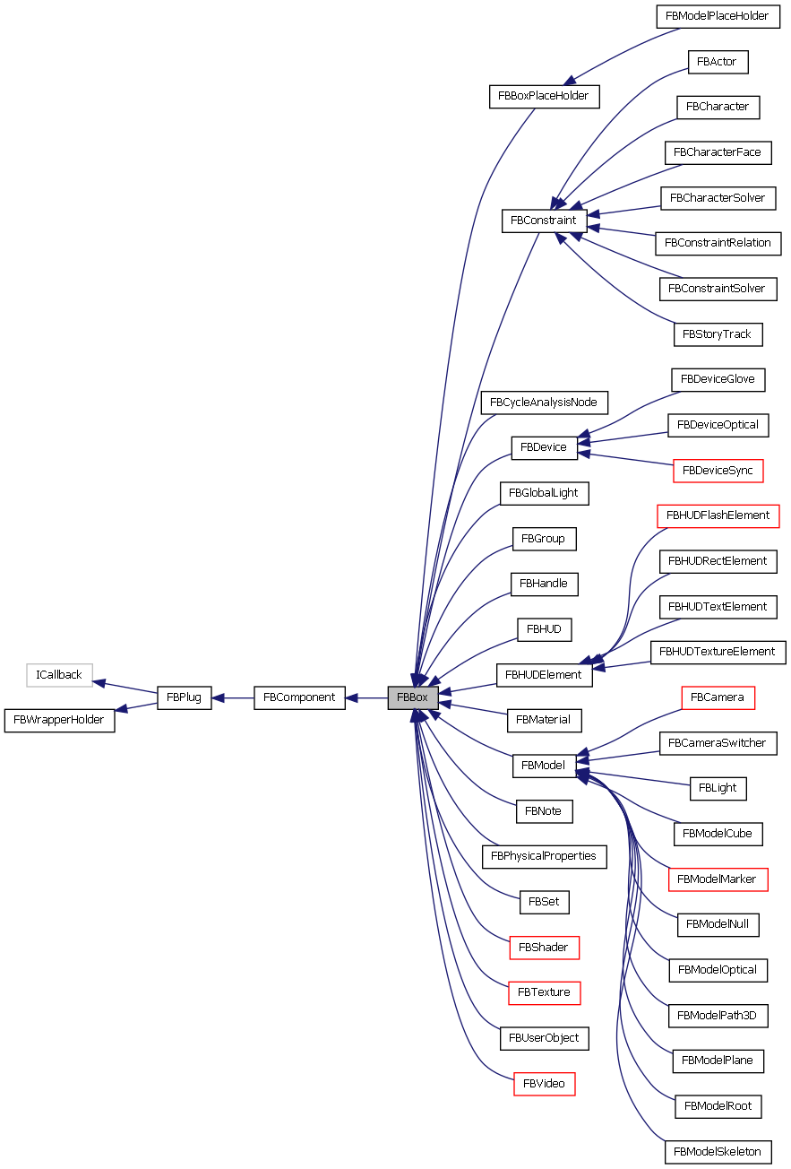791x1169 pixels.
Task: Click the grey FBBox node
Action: click(412, 697)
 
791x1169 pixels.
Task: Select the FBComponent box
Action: click(299, 697)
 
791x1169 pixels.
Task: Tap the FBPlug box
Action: click(185, 697)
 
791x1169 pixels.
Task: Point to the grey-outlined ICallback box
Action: click(59, 675)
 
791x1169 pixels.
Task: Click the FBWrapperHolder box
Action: click(60, 720)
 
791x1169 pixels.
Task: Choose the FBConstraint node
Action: click(544, 220)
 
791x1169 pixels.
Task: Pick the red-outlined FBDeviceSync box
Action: click(717, 470)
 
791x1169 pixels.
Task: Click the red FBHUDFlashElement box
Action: click(718, 515)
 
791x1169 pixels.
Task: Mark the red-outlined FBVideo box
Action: click(544, 1084)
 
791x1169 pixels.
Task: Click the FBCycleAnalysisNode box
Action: click(544, 402)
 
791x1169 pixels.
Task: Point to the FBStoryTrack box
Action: click(717, 334)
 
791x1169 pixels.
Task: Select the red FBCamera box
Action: click(718, 697)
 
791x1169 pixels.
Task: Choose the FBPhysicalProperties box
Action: click(544, 856)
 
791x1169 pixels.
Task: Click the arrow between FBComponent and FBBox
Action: click(366, 697)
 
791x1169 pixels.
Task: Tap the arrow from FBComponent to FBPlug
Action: click(233, 697)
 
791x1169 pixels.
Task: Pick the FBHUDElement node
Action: click(544, 675)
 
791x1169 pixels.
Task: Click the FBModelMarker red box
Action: click(718, 879)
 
